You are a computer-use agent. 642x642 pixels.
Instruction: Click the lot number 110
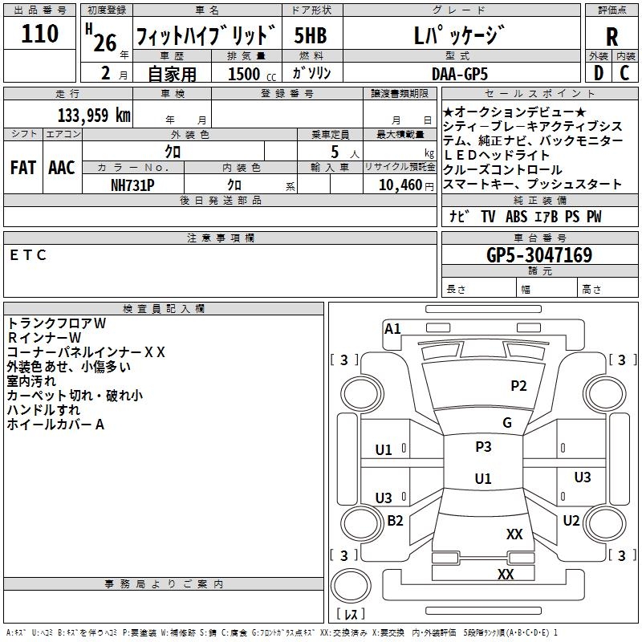pos(40,34)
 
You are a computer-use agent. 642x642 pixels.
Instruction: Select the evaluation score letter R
pos(612,37)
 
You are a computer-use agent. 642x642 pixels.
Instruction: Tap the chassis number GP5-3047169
pos(539,255)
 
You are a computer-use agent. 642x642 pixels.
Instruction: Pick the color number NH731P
pos(132,185)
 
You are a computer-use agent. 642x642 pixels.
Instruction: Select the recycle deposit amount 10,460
pos(397,185)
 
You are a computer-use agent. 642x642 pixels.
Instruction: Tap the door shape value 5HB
pos(310,35)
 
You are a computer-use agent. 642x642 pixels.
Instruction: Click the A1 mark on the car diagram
pos(392,328)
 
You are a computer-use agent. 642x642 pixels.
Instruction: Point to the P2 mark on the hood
pos(519,386)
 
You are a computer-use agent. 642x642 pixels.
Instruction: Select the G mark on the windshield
pos(507,423)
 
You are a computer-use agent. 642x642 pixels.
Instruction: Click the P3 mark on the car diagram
pos(483,447)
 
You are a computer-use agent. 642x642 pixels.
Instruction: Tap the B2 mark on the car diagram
pos(395,521)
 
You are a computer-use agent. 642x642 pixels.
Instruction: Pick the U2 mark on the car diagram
pos(571,520)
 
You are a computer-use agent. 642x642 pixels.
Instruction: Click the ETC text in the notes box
pos(29,255)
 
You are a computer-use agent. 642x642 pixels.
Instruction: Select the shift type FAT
pos(22,168)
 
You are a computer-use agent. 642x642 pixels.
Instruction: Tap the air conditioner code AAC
pos(62,168)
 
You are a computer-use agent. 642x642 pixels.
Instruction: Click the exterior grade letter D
pos(598,74)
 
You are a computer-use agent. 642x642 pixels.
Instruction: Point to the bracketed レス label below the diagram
pos(350,615)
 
